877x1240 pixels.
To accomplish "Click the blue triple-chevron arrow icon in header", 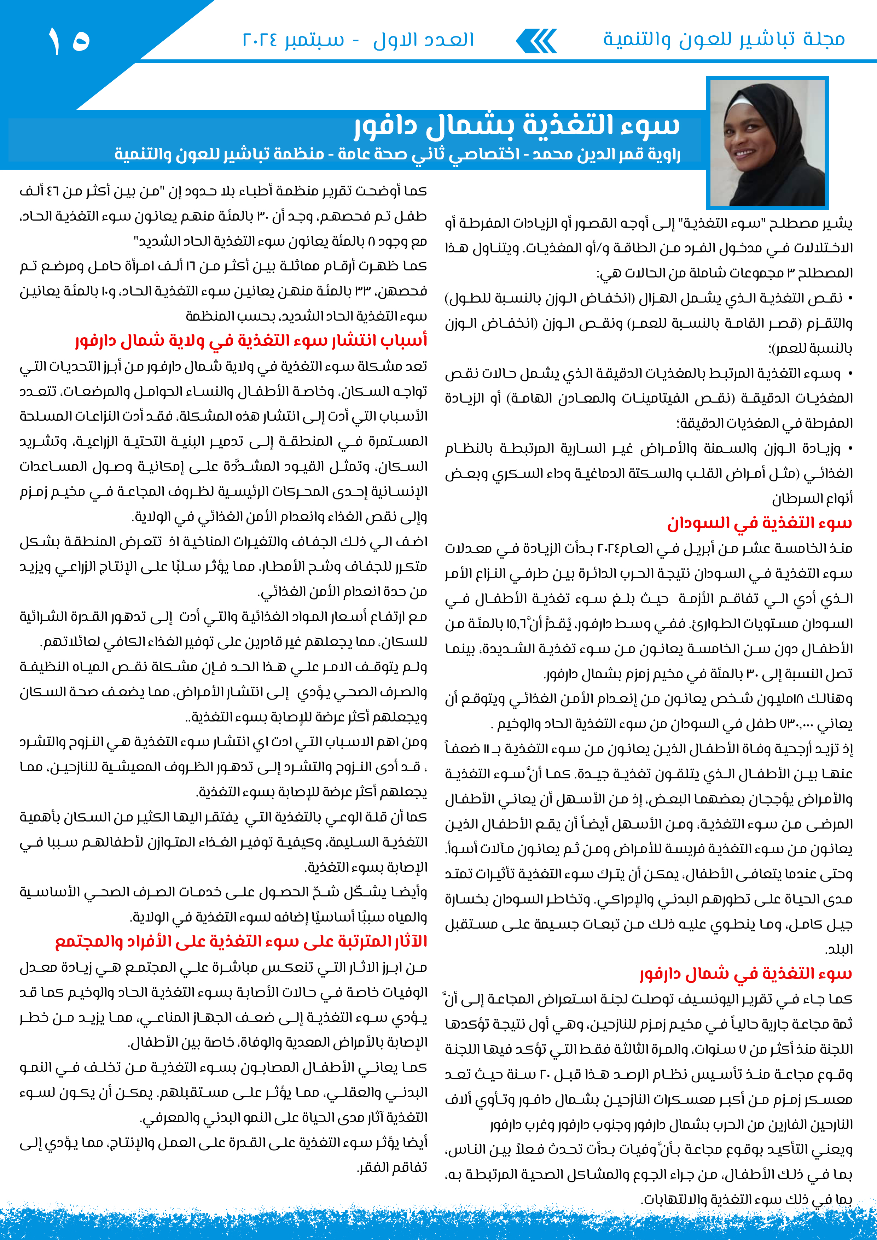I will [536, 41].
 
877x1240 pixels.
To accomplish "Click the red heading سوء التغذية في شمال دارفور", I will [746, 973].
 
